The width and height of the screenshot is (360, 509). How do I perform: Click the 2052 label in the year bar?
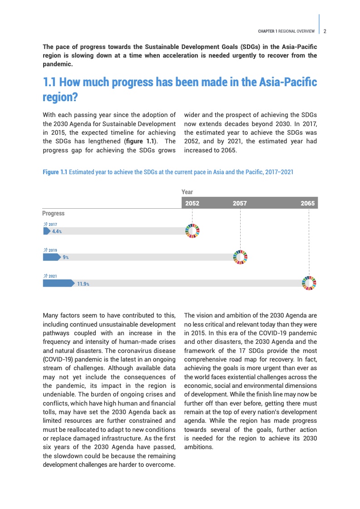click(192, 203)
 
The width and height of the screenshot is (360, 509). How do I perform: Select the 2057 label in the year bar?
click(240, 203)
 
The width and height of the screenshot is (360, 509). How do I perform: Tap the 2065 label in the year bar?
click(307, 203)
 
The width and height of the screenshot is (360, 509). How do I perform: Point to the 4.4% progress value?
click(57, 231)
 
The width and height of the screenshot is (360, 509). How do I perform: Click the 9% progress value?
click(66, 257)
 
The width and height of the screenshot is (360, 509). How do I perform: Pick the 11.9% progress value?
click(83, 284)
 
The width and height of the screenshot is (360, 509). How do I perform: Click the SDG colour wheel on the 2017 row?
click(192, 231)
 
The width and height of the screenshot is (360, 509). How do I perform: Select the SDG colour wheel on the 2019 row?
click(240, 257)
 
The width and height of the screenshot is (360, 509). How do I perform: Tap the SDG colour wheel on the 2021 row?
click(309, 283)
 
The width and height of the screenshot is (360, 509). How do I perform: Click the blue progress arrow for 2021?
click(58, 283)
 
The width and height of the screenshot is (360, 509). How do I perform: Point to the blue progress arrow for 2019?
click(51, 257)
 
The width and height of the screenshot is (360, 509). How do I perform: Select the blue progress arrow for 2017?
click(46, 231)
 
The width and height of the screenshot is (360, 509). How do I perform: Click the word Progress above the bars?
click(54, 213)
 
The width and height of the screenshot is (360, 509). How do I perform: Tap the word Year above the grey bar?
click(187, 192)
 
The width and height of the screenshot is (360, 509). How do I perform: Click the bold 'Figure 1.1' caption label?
click(55, 172)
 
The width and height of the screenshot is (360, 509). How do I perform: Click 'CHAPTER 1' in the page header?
click(267, 31)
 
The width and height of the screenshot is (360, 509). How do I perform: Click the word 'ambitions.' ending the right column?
click(199, 447)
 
